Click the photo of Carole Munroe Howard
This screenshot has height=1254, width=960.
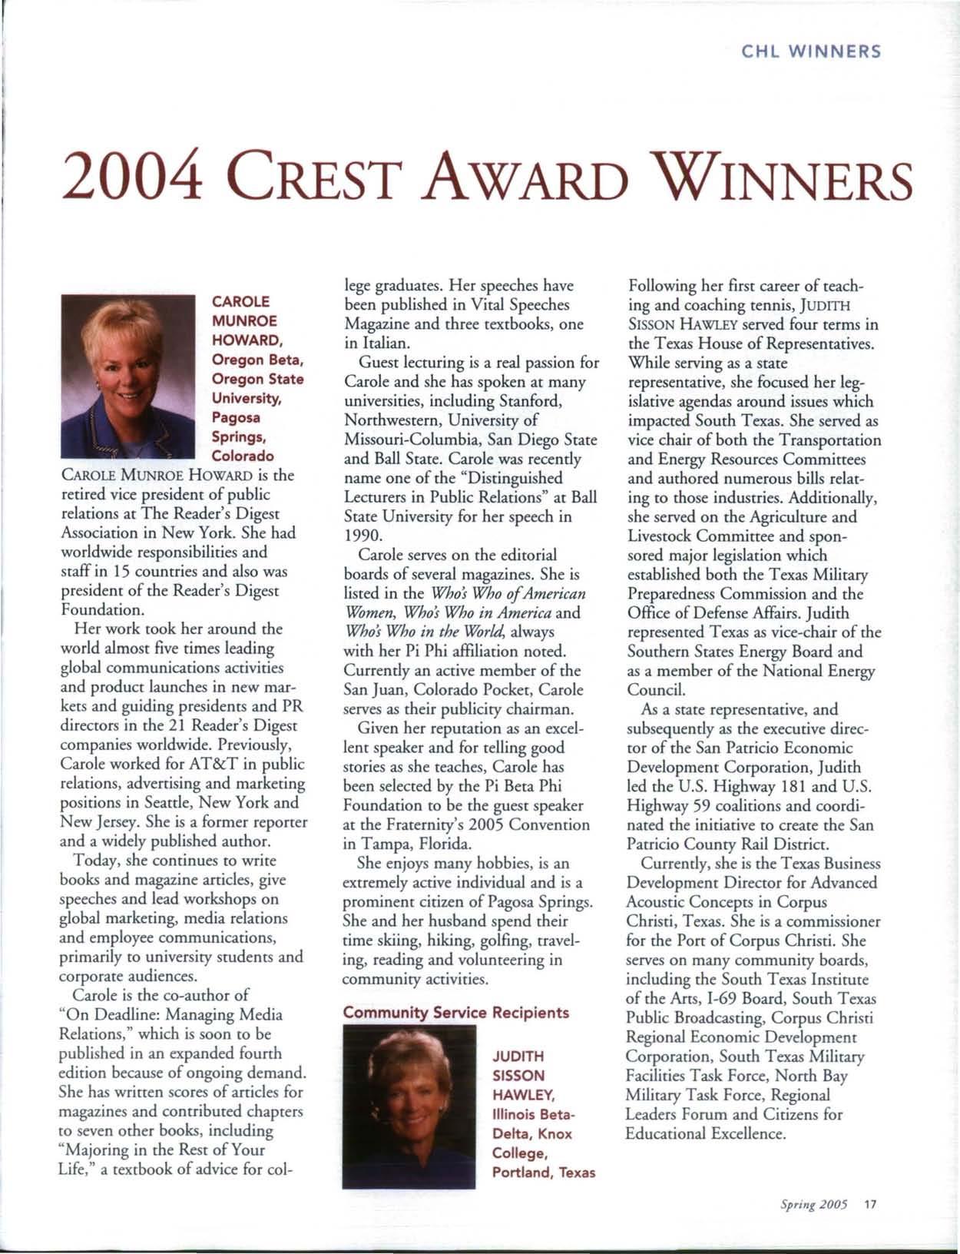pos(128,376)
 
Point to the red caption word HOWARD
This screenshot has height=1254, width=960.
pos(244,340)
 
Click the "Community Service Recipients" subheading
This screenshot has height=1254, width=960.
pos(455,1012)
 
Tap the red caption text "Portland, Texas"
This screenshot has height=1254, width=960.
pos(543,1173)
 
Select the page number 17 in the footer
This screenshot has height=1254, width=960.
pos(869,1204)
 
